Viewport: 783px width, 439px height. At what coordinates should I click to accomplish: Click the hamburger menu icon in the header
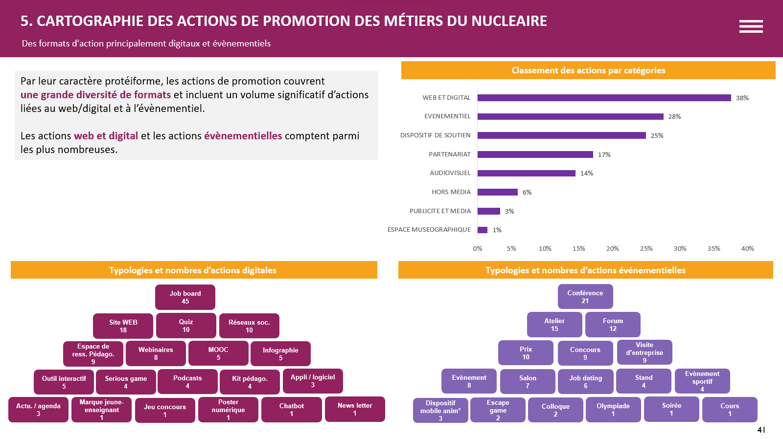[x=751, y=26]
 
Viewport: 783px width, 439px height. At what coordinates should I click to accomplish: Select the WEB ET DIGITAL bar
[x=604, y=98]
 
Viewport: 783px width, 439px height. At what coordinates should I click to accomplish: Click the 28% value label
[x=674, y=117]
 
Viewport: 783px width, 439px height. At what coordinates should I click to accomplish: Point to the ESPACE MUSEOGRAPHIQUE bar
[x=483, y=230]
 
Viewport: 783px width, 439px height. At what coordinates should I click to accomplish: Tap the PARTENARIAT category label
[x=449, y=154]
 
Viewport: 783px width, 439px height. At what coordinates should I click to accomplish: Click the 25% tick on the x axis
[x=646, y=249]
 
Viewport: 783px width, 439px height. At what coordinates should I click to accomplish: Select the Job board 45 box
[x=185, y=297]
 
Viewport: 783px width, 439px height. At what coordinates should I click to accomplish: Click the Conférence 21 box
[x=585, y=297]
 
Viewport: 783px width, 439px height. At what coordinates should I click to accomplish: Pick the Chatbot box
[x=291, y=410]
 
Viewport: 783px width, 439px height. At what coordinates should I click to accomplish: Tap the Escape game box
[x=498, y=410]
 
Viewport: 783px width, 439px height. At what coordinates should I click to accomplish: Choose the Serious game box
[x=126, y=382]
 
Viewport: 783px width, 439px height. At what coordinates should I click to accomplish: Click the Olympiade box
[x=613, y=410]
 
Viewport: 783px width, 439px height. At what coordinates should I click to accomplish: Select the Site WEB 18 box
[x=123, y=326]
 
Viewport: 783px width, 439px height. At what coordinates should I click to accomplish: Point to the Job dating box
[x=585, y=382]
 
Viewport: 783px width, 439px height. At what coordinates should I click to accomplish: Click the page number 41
[x=761, y=430]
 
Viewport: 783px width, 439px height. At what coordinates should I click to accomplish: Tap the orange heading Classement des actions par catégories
[x=588, y=70]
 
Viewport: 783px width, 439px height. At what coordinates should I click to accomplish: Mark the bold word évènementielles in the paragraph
[x=243, y=136]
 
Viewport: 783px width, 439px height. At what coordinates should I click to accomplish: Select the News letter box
[x=355, y=409]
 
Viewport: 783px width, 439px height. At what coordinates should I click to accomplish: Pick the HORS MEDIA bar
[x=497, y=192]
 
